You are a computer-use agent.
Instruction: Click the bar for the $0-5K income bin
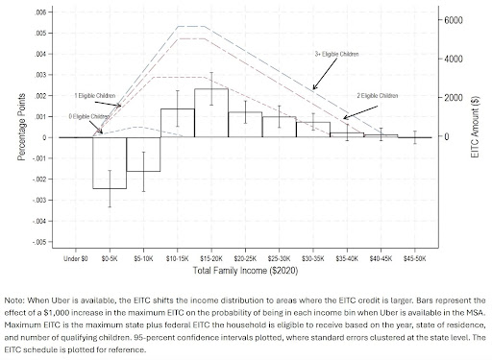click(110, 162)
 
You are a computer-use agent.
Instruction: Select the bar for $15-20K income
click(210, 113)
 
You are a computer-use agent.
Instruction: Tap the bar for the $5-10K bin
click(143, 155)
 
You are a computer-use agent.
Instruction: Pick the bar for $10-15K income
click(177, 123)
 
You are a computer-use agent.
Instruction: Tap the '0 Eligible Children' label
click(88, 115)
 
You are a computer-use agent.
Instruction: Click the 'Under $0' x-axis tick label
click(76, 258)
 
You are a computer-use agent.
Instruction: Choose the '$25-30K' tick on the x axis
click(279, 258)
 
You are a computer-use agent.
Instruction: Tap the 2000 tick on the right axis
click(455, 98)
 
